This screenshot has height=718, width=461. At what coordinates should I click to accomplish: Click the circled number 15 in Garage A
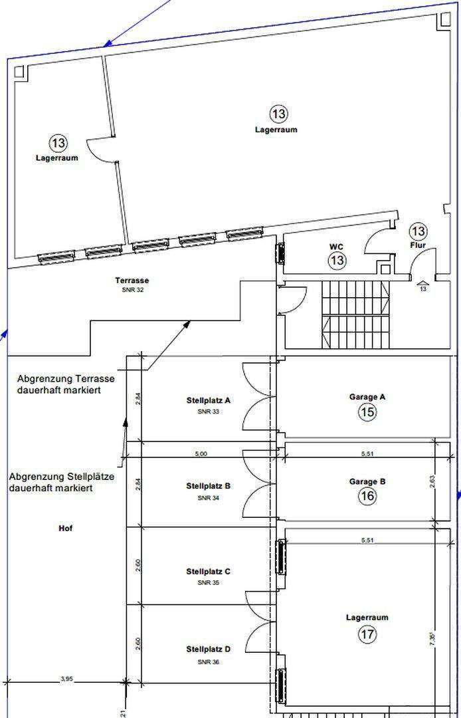(367, 412)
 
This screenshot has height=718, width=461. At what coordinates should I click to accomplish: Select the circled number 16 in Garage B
(367, 497)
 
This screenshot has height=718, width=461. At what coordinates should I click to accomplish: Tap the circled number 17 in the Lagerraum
(367, 634)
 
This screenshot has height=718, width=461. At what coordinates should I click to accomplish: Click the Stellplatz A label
(208, 401)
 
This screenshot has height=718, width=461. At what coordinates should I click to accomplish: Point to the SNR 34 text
(208, 497)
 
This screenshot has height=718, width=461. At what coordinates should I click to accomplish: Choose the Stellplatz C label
(208, 572)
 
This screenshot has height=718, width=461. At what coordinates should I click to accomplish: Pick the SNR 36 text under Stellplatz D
(208, 662)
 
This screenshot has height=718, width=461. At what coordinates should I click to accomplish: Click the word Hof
(65, 529)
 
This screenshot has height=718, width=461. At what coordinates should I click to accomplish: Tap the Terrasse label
(132, 281)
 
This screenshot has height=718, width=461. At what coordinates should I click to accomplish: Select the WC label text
(337, 247)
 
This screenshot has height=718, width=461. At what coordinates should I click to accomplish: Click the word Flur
(418, 245)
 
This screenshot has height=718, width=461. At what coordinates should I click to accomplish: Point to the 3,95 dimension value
(66, 679)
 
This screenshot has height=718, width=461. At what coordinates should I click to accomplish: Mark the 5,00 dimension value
(201, 454)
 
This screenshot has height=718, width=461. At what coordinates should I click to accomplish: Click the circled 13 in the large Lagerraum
(279, 114)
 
